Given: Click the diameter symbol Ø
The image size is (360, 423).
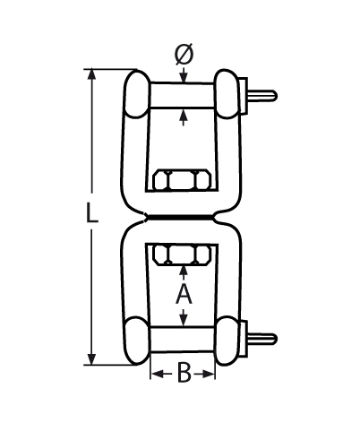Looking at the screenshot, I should click(x=183, y=56).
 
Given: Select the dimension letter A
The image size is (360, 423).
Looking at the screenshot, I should click(x=183, y=293).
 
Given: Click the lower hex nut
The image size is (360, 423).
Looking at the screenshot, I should click(x=183, y=255).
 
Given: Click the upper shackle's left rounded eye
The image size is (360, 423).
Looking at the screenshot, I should click(x=136, y=93).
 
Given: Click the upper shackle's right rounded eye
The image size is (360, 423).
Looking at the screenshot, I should click(x=229, y=93).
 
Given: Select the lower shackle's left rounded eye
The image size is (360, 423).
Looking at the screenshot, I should click(x=136, y=341).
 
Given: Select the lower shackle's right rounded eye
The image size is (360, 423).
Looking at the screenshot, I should click(x=229, y=341).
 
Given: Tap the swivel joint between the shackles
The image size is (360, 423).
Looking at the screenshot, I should click(x=183, y=217).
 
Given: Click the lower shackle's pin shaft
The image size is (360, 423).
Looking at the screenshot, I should click(x=183, y=340).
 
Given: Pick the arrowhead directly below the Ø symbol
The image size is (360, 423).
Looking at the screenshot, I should click(x=183, y=78).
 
